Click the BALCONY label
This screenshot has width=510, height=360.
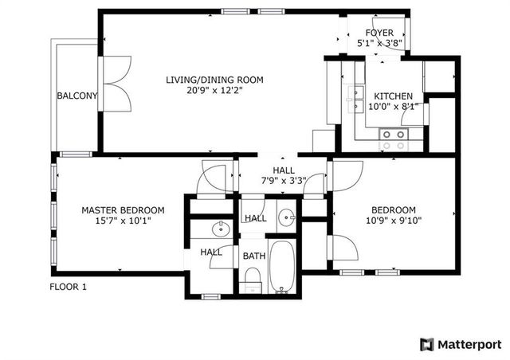pos(77,96)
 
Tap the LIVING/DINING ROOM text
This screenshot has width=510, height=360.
pos(214,80)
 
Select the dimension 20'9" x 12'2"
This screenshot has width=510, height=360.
pos(214,91)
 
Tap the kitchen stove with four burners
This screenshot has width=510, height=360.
pos(392,140)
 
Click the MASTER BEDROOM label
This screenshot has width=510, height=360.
pos(123,210)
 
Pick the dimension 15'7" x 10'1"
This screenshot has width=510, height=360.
pos(123,221)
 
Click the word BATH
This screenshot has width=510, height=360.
pos(254,256)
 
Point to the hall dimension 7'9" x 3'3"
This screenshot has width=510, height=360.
pos(284,181)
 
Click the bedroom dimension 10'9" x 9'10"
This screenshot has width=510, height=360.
pos(393,221)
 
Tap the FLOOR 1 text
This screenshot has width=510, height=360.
pos(68,287)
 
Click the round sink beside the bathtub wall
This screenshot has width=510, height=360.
pos(287,217)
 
